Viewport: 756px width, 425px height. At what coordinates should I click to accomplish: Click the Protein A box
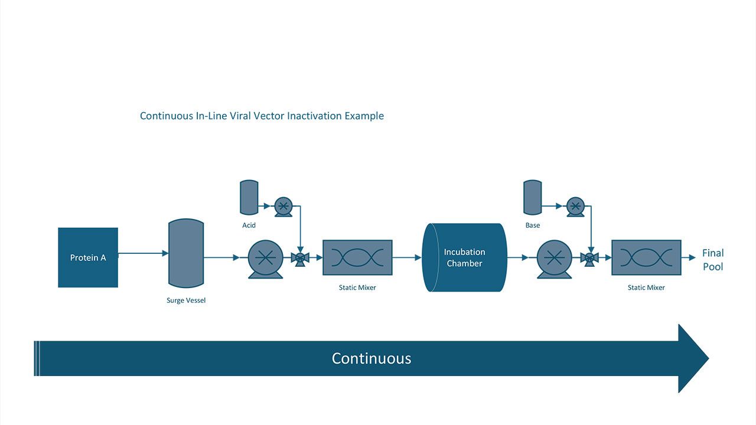88,257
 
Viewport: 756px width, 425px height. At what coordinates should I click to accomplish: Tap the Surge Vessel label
186,300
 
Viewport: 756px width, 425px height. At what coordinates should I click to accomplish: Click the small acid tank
249,197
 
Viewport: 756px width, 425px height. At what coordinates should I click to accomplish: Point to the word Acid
249,225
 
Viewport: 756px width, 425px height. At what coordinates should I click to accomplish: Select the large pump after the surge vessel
266,259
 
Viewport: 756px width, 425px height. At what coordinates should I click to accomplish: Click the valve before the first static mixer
300,258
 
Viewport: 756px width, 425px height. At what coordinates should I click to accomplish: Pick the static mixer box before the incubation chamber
357,257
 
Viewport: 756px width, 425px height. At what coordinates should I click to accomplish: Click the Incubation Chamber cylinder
464,257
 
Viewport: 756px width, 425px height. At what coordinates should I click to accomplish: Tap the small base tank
532,197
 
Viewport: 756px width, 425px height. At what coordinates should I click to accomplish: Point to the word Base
532,225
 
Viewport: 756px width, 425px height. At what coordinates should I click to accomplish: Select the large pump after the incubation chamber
555,259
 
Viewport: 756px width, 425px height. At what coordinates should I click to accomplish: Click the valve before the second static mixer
589,258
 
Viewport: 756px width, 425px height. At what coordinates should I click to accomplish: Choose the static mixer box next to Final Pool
646,257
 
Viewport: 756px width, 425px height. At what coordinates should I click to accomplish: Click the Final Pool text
713,260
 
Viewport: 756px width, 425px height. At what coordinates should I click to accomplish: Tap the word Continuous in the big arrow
371,358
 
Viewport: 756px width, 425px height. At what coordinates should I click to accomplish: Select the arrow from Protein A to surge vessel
144,253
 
